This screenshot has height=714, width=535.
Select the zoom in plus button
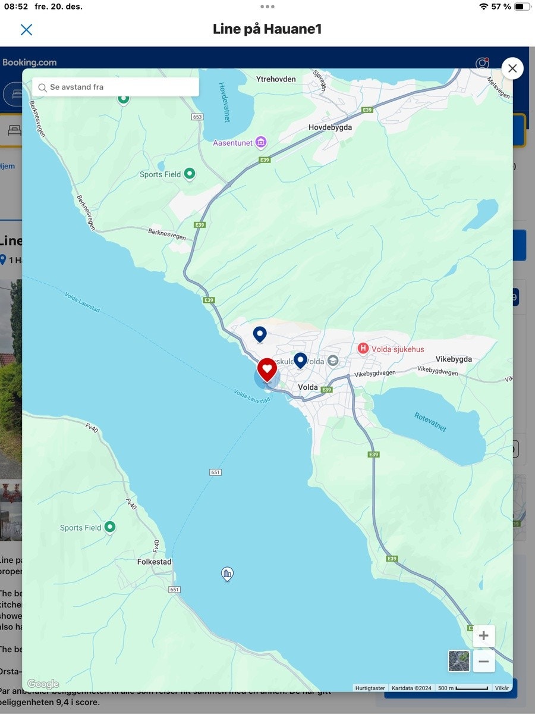483,636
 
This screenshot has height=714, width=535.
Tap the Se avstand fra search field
116,87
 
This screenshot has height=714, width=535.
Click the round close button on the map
512,68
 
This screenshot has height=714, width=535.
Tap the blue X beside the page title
26,30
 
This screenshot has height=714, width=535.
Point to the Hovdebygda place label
330,127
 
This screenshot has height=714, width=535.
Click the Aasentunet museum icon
261,143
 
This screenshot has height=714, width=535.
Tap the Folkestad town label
154,562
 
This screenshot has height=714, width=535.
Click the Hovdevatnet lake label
224,102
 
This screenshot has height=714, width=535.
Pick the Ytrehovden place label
275,79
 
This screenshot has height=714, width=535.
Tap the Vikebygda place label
454,359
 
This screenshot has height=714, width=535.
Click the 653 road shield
197,117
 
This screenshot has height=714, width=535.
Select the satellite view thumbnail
458,661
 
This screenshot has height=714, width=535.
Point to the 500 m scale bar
462,688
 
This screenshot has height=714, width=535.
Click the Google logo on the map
43,684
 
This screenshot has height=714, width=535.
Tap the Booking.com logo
30,62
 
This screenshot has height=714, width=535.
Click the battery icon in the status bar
522,7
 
